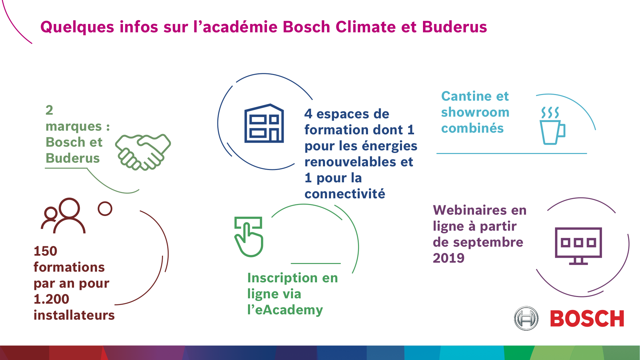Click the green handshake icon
[x=143, y=152]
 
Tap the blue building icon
[x=264, y=123]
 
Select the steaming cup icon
[x=552, y=126]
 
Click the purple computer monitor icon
[x=578, y=246]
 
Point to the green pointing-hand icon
[x=249, y=237]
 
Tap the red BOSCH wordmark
[x=587, y=318]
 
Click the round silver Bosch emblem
[x=526, y=318]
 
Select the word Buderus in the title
[x=454, y=27]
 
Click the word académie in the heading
[x=240, y=27]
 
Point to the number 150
[x=45, y=251]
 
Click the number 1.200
[x=51, y=299]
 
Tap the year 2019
[x=449, y=258]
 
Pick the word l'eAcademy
[x=285, y=310]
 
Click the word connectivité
[x=345, y=194]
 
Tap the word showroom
[x=475, y=112]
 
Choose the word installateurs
[x=74, y=315]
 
